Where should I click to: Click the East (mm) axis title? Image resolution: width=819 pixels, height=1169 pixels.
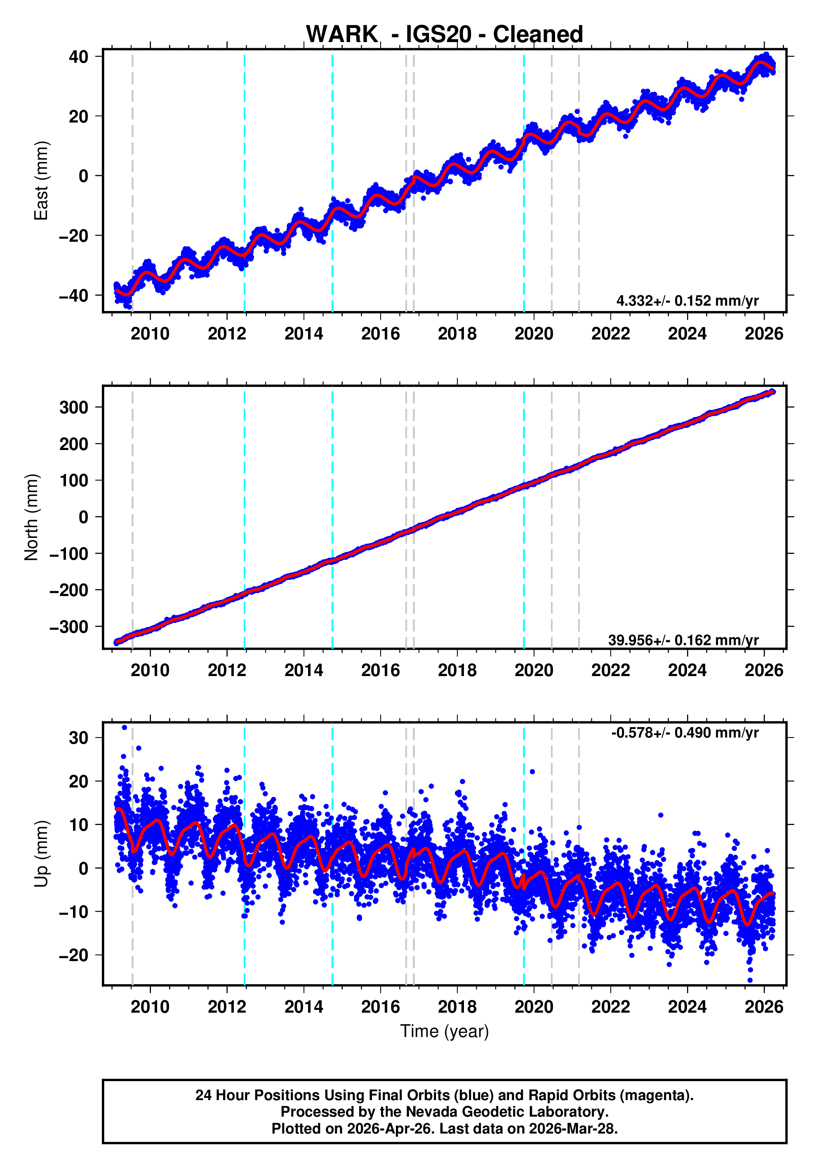(x=41, y=181)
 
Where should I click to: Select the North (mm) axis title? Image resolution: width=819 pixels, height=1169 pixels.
(x=32, y=517)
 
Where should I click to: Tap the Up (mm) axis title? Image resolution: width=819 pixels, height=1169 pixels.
(x=41, y=854)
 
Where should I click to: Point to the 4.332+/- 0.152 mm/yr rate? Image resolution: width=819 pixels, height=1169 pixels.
(x=687, y=301)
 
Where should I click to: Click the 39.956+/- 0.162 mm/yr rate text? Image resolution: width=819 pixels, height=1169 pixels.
(x=683, y=640)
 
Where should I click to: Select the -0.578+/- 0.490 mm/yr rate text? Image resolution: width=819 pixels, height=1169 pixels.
(x=685, y=733)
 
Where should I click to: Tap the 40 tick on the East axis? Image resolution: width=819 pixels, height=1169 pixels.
(x=78, y=57)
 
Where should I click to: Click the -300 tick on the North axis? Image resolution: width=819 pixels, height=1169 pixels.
(x=69, y=627)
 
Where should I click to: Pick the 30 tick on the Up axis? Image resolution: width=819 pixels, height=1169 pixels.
(x=78, y=738)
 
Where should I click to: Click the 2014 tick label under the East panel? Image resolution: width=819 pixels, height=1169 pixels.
(x=304, y=334)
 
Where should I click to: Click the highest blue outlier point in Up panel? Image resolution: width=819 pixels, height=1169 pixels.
(x=125, y=728)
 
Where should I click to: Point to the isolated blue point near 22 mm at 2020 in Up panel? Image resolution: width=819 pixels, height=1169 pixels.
(x=532, y=772)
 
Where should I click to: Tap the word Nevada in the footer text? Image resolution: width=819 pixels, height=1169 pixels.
(x=430, y=1112)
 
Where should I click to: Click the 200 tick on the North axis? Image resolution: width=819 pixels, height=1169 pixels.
(x=74, y=444)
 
